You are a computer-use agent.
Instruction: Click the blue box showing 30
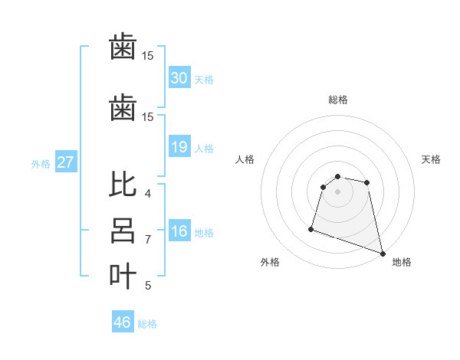click(179, 77)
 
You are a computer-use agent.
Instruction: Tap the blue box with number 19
click(179, 146)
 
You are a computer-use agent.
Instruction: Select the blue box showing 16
click(179, 232)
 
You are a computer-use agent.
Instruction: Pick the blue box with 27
click(65, 162)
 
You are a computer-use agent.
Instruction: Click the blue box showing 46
click(123, 322)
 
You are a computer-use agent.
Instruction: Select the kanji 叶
click(123, 275)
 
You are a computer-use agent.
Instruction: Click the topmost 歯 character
click(123, 47)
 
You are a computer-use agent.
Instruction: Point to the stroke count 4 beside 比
click(148, 194)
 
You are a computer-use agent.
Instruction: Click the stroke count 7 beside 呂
click(148, 240)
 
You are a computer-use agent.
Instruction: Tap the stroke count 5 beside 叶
click(148, 286)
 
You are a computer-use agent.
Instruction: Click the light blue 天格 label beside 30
click(203, 79)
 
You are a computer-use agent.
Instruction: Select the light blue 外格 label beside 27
click(41, 163)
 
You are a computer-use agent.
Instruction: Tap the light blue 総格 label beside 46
click(147, 324)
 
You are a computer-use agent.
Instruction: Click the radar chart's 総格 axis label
click(337, 100)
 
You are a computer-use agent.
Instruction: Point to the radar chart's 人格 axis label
click(245, 159)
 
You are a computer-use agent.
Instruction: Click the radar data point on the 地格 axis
click(382, 253)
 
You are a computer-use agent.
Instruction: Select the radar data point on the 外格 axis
click(311, 228)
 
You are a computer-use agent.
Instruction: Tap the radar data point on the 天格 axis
click(367, 182)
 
